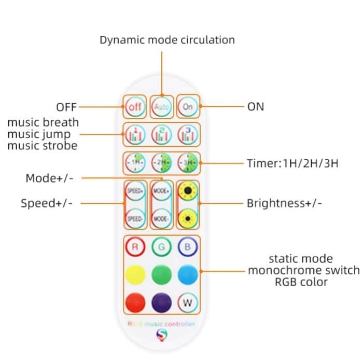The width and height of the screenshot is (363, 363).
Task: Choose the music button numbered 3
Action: pyautogui.click(x=186, y=135)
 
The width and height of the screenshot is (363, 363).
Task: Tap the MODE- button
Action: pyautogui.click(x=161, y=218)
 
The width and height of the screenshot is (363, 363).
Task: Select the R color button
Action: pyautogui.click(x=135, y=247)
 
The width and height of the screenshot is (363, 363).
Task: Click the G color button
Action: pyautogui.click(x=161, y=247)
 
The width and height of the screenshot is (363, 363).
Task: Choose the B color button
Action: pyautogui.click(x=187, y=247)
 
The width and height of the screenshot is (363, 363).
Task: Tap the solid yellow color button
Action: pyautogui.click(x=135, y=274)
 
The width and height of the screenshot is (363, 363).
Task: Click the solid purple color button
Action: pyautogui.click(x=161, y=302)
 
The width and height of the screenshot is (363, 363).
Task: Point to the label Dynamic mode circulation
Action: pyautogui.click(x=167, y=40)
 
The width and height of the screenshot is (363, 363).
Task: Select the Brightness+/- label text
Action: pyautogui.click(x=284, y=203)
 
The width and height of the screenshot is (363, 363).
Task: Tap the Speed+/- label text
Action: pyautogui.click(x=47, y=203)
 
